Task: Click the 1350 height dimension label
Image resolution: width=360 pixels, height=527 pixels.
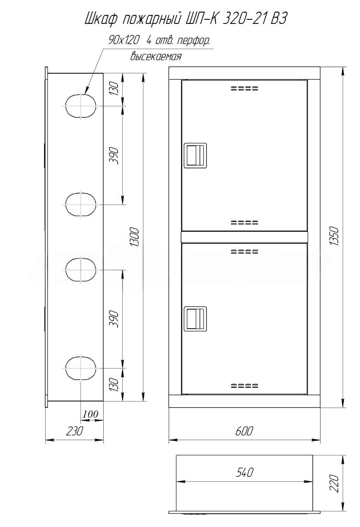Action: coord(333,236)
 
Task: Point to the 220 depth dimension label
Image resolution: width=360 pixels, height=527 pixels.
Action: coord(334,484)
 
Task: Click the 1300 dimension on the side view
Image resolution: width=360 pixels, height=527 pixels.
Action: coord(136,237)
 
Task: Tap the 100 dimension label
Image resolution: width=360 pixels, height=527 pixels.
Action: coord(90,414)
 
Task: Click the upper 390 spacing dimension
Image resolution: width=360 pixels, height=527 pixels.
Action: coord(114,156)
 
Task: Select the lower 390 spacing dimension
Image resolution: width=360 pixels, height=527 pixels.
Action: coord(114,319)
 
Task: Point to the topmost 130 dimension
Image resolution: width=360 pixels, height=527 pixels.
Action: coord(114,88)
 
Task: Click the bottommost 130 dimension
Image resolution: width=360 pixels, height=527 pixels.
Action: coord(114,385)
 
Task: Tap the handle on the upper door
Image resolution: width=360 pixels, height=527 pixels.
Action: coord(195,155)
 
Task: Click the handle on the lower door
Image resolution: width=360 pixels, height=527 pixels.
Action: coord(195,319)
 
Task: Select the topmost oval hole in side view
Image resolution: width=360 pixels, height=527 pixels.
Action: coord(81,106)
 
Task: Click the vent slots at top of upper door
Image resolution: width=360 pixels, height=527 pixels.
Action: coord(244,89)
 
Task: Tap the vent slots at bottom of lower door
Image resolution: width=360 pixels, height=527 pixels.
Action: coord(244,386)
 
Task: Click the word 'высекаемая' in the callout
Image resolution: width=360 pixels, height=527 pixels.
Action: coord(156,57)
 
